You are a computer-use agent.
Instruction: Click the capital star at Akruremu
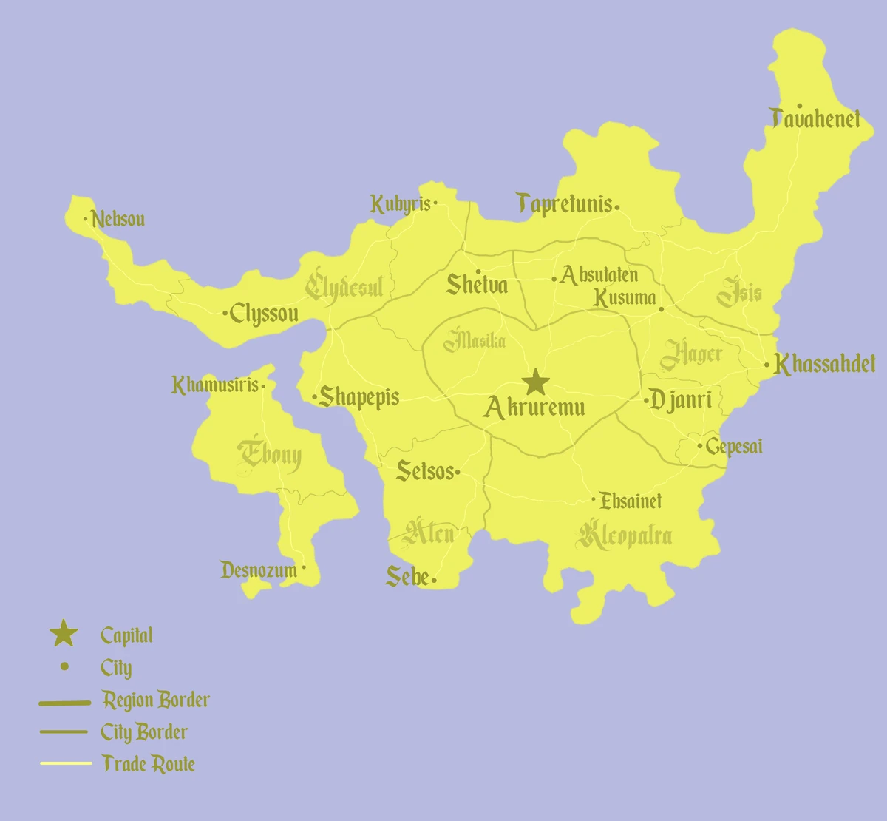[536, 383]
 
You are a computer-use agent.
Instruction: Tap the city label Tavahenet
[816, 118]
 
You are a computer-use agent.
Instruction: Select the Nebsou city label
[118, 220]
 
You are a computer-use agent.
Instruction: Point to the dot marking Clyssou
[225, 314]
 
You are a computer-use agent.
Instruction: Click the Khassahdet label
[825, 364]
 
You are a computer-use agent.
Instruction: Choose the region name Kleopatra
[625, 535]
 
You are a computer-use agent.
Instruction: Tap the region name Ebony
[270, 456]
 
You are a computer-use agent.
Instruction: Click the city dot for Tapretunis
[617, 208]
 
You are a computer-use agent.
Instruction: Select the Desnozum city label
[259, 570]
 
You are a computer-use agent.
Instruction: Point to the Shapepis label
[359, 397]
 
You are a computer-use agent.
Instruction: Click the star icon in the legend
[64, 634]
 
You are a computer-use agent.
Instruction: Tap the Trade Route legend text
[149, 764]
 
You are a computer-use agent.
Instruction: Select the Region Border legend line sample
[64, 703]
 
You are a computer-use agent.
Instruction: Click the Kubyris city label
[400, 204]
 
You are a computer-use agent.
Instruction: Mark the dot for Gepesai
[700, 446]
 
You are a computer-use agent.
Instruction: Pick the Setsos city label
[425, 471]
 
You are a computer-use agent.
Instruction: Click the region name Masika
[475, 341]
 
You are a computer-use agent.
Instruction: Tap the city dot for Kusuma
[661, 309]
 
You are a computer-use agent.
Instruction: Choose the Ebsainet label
[631, 501]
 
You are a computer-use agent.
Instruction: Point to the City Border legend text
[144, 732]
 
